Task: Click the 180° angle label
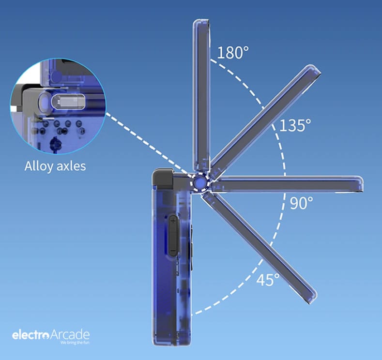point(233,52)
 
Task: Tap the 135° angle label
point(295,125)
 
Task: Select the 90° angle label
point(301,203)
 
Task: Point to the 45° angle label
point(268,279)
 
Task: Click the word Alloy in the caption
point(39,166)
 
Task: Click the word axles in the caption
point(71,166)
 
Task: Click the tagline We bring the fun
point(75,343)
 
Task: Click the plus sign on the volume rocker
point(173,221)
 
